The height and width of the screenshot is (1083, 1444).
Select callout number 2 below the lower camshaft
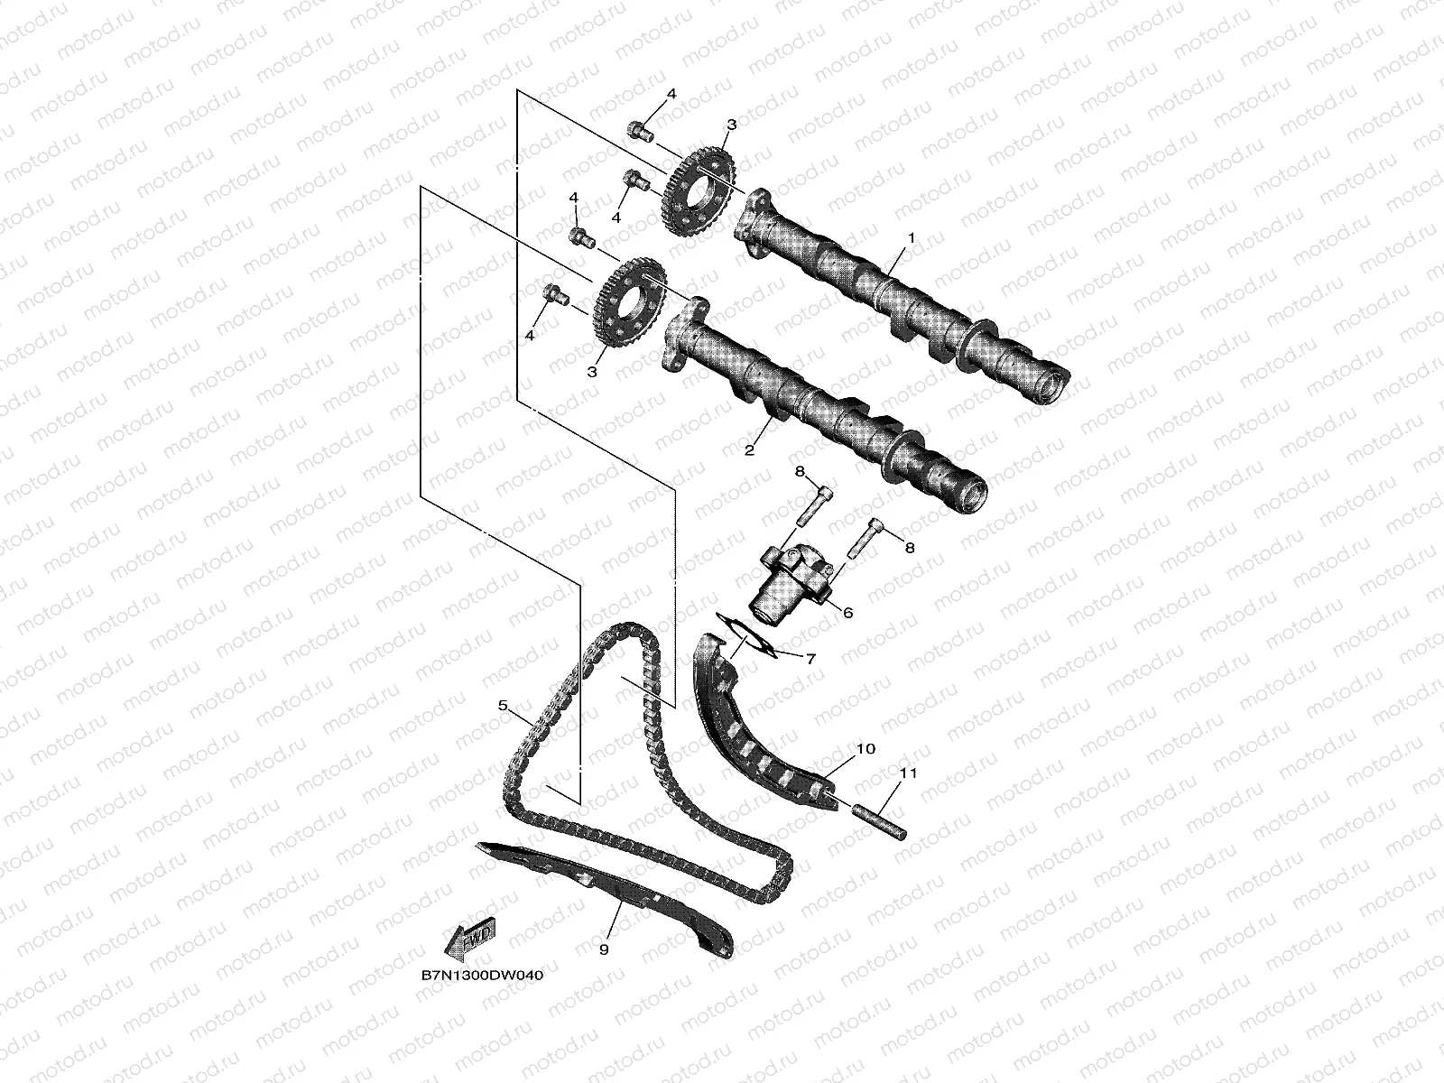[748, 450]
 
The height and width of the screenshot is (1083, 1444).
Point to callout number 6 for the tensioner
[847, 612]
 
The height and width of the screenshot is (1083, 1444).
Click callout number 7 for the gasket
[810, 659]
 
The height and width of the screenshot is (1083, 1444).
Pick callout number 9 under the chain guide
[604, 949]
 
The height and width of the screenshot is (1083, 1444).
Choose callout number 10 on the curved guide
[865, 748]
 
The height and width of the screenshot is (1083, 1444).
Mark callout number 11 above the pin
[908, 773]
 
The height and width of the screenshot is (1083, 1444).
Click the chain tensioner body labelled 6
[785, 582]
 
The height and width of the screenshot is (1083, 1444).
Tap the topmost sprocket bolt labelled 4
[640, 132]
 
